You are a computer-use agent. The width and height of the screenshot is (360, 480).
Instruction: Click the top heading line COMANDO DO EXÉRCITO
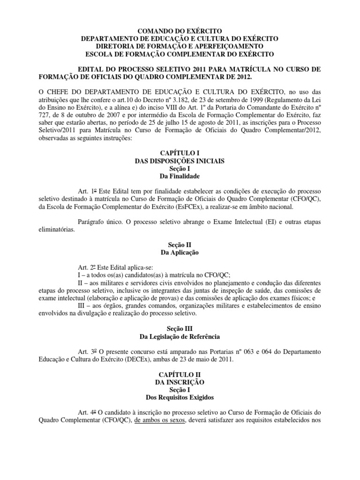coord(180,31)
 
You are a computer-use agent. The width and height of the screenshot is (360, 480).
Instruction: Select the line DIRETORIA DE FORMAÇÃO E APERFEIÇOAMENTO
coord(180,46)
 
